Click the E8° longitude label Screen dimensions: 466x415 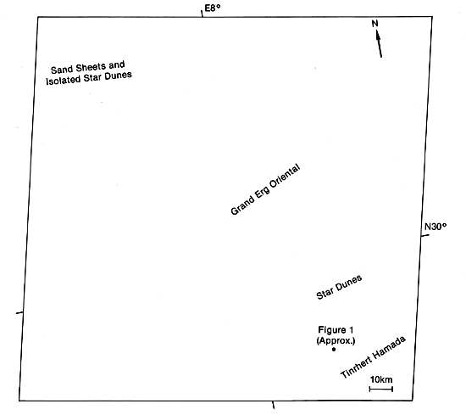pos(213,8)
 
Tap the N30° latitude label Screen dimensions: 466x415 pos(435,227)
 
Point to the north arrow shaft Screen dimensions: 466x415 pos(379,44)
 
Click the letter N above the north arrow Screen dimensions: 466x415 pos(374,24)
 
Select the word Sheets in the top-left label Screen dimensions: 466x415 pos(91,68)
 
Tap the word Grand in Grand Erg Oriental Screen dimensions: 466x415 pos(243,205)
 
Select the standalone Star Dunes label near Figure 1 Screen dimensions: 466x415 pos(339,287)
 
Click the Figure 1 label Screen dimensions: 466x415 pos(336,330)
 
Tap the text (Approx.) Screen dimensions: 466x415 pos(336,340)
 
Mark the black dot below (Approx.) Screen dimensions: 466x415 pos(334,349)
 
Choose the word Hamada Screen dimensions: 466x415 pos(389,347)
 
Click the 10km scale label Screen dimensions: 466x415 pos(381,379)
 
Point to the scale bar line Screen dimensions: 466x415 pos(381,389)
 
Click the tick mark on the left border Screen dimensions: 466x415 pos(19,313)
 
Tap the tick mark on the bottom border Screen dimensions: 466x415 pos(274,405)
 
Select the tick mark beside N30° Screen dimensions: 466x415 pos(425,235)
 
